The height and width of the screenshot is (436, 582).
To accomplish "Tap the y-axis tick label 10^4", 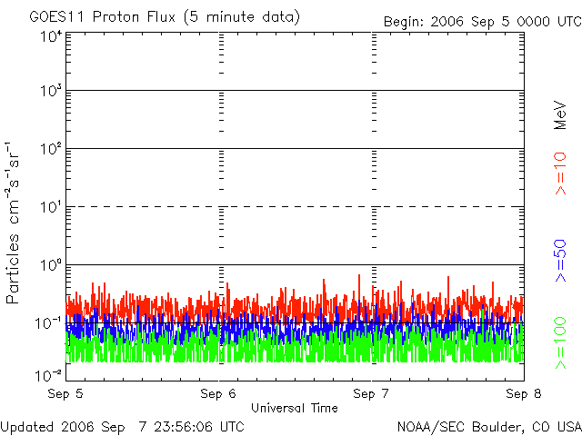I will click(49, 36).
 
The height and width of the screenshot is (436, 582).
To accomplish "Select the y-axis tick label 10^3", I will click(49, 92).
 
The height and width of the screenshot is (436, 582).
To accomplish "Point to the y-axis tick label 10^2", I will click(49, 150).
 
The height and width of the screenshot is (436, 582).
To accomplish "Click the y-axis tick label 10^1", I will click(49, 208).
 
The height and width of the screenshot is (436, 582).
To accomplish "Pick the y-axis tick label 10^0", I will click(49, 266).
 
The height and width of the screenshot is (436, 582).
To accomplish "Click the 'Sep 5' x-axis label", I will click(65, 394).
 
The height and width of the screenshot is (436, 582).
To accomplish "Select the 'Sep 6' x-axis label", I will click(218, 394).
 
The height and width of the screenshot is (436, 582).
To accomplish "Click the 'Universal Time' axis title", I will click(295, 408).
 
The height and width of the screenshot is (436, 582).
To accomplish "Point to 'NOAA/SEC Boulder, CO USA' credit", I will click(488, 426).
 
